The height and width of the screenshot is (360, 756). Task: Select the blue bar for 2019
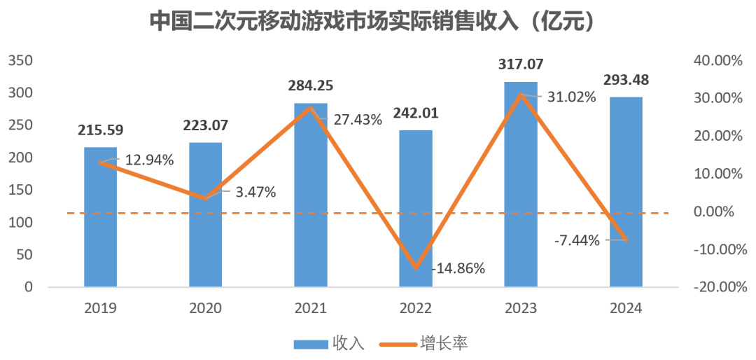pos(100,217)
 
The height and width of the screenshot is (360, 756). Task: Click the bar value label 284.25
pos(311,87)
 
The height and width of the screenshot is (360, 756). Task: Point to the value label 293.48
pos(626,80)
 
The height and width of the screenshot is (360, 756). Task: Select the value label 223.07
pos(206,126)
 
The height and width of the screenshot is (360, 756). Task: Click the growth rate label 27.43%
pos(358,120)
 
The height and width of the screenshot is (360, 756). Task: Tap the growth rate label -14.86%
pos(458,268)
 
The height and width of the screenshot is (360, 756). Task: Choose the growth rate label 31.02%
pos(571,97)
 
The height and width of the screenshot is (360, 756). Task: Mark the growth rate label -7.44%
pos(577,241)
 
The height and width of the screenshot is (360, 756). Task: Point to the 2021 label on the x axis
pos(311,308)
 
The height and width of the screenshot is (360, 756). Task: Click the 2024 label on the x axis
pos(626,308)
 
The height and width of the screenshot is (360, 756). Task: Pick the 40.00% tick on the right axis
pos(717,61)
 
